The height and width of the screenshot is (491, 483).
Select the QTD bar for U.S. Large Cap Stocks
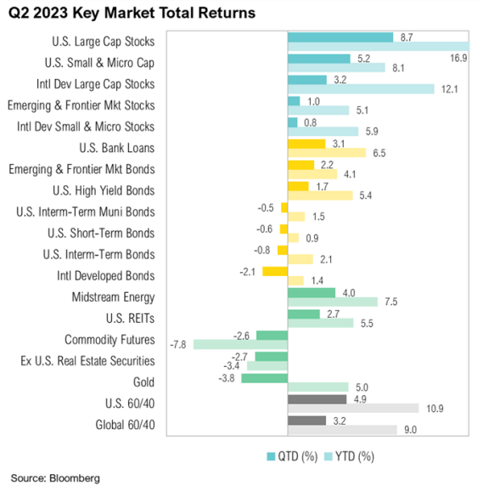[x=340, y=37]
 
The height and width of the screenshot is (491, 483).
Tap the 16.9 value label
[x=457, y=58]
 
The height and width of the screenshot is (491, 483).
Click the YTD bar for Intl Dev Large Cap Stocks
[x=361, y=89]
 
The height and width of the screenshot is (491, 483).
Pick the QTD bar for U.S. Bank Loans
[x=306, y=144]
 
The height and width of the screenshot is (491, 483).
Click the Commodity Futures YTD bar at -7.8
[x=240, y=344]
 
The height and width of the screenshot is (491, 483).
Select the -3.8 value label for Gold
[x=227, y=377]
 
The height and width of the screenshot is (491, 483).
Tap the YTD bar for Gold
[x=317, y=387]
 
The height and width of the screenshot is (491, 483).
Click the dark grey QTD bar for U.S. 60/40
[x=317, y=398]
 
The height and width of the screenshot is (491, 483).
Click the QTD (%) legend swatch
[x=272, y=455]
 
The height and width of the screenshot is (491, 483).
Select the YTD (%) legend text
[x=354, y=456]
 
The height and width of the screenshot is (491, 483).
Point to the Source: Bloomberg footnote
[x=55, y=478]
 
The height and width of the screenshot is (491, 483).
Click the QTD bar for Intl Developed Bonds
[x=275, y=271]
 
